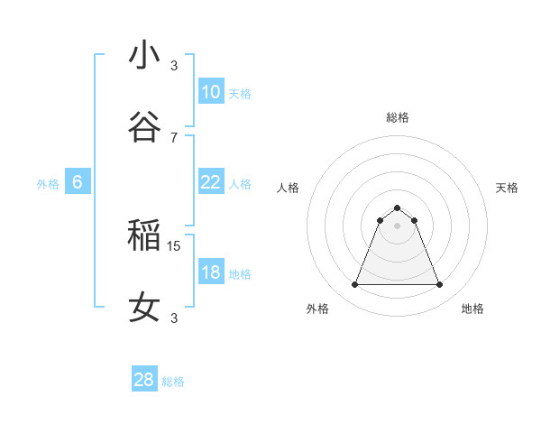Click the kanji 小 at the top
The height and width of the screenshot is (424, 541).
144,56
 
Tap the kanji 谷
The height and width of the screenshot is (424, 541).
144,127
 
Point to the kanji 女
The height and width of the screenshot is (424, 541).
144,308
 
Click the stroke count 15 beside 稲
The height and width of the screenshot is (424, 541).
175,245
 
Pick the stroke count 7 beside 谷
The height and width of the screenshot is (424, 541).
174,137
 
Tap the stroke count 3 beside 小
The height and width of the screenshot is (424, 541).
174,65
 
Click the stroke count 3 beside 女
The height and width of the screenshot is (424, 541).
174,318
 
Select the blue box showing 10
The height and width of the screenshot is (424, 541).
211,91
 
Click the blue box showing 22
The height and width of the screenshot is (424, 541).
211,181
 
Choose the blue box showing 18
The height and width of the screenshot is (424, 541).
211,272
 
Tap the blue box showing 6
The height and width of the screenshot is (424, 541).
78,182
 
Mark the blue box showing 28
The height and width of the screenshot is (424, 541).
144,380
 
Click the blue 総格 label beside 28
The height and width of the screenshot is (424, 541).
174,382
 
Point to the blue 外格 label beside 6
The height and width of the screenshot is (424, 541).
48,184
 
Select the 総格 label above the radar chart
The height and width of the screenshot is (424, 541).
397,117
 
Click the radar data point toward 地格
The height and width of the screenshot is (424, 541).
440,285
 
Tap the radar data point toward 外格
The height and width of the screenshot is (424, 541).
354,285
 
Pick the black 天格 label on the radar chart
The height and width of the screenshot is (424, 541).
507,188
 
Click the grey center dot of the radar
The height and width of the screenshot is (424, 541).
397,226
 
